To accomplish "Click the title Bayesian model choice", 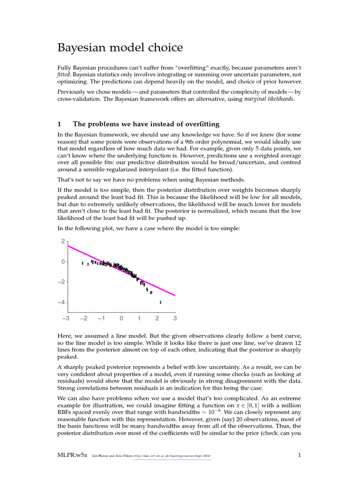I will click(x=120, y=48).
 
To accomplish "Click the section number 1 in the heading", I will click(x=59, y=124).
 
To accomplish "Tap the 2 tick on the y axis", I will click(x=63, y=241).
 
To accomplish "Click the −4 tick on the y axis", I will click(x=61, y=302).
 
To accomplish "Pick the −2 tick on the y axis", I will click(x=61, y=282).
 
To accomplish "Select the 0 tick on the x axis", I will click(x=121, y=319).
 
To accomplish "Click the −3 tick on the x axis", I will click(x=66, y=319).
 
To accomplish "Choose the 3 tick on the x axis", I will click(x=175, y=319).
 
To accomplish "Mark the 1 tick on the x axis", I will click(x=139, y=319).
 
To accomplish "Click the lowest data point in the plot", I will click(x=160, y=302).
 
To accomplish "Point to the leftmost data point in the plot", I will click(x=82, y=263).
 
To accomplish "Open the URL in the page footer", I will click(x=172, y=455).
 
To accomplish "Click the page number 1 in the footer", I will click(x=299, y=455).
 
